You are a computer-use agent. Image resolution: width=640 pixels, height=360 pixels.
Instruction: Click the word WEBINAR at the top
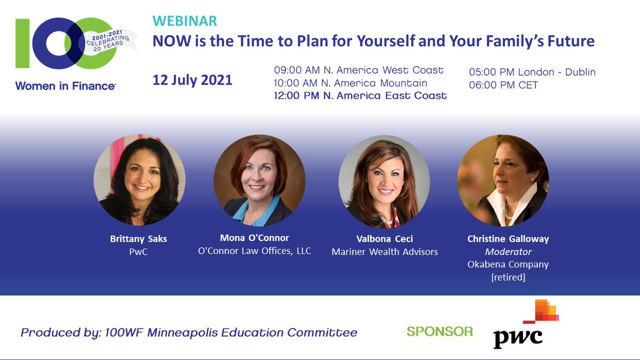185,21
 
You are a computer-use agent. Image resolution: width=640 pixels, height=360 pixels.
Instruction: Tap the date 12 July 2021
193,80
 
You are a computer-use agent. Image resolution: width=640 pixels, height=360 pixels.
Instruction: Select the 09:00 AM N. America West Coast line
358,70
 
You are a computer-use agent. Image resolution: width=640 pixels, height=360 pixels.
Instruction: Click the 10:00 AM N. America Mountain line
350,83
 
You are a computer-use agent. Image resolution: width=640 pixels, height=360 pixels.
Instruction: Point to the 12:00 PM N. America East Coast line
360,96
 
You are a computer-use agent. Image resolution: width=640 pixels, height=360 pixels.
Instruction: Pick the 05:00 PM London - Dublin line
532,72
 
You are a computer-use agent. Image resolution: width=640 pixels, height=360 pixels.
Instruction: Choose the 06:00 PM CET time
503,85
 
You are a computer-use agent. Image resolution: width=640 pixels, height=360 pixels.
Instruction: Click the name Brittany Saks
138,239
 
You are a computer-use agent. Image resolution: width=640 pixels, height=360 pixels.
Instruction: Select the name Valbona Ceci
385,238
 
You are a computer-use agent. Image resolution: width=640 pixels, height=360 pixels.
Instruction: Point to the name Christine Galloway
508,239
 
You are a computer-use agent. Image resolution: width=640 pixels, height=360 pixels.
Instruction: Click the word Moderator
508,252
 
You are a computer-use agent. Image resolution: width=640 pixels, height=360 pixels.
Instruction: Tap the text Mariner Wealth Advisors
385,251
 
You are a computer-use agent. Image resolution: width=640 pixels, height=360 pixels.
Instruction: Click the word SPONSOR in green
439,332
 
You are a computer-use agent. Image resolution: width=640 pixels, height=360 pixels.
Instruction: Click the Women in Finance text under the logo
66,86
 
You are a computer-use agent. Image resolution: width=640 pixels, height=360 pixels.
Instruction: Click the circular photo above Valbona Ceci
384,179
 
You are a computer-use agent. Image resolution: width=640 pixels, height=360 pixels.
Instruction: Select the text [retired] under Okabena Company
508,277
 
